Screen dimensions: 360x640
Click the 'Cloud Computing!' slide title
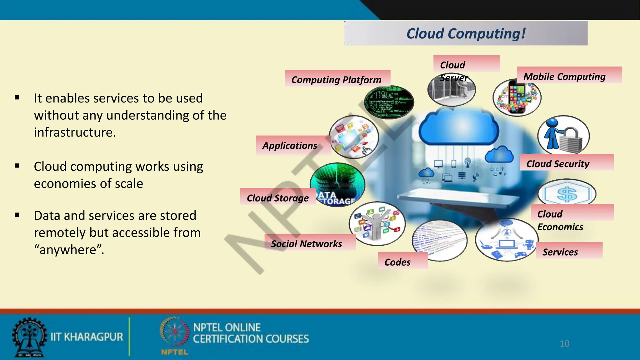(466, 33)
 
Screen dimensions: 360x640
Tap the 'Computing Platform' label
(336, 80)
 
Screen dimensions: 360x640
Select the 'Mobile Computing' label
(564, 77)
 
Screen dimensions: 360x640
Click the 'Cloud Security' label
(558, 164)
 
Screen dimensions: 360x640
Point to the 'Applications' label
(290, 146)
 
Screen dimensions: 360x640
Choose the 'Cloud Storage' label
(277, 198)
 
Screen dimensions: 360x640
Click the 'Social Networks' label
(306, 244)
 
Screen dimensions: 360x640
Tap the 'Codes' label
(397, 262)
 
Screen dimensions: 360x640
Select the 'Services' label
(560, 252)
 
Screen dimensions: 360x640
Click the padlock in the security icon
(571, 141)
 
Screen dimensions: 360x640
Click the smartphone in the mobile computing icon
(517, 97)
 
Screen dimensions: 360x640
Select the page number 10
(564, 344)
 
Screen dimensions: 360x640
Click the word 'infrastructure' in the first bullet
(75, 132)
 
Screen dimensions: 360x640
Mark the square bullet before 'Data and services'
(17, 215)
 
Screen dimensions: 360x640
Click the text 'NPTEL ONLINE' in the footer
(227, 327)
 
